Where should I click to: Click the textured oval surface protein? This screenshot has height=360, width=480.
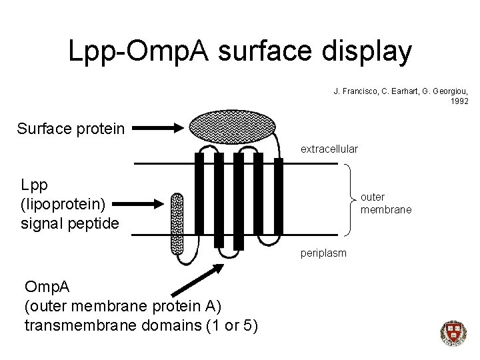point(233,126)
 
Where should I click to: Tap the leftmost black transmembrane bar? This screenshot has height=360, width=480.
point(199,201)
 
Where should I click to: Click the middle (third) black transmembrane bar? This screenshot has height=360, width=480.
point(239,201)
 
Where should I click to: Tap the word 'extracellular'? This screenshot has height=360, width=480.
point(329,148)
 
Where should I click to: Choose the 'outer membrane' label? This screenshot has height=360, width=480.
point(385,203)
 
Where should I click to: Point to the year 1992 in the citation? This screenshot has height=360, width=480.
point(459,101)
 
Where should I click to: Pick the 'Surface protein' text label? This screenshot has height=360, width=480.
point(71,127)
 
